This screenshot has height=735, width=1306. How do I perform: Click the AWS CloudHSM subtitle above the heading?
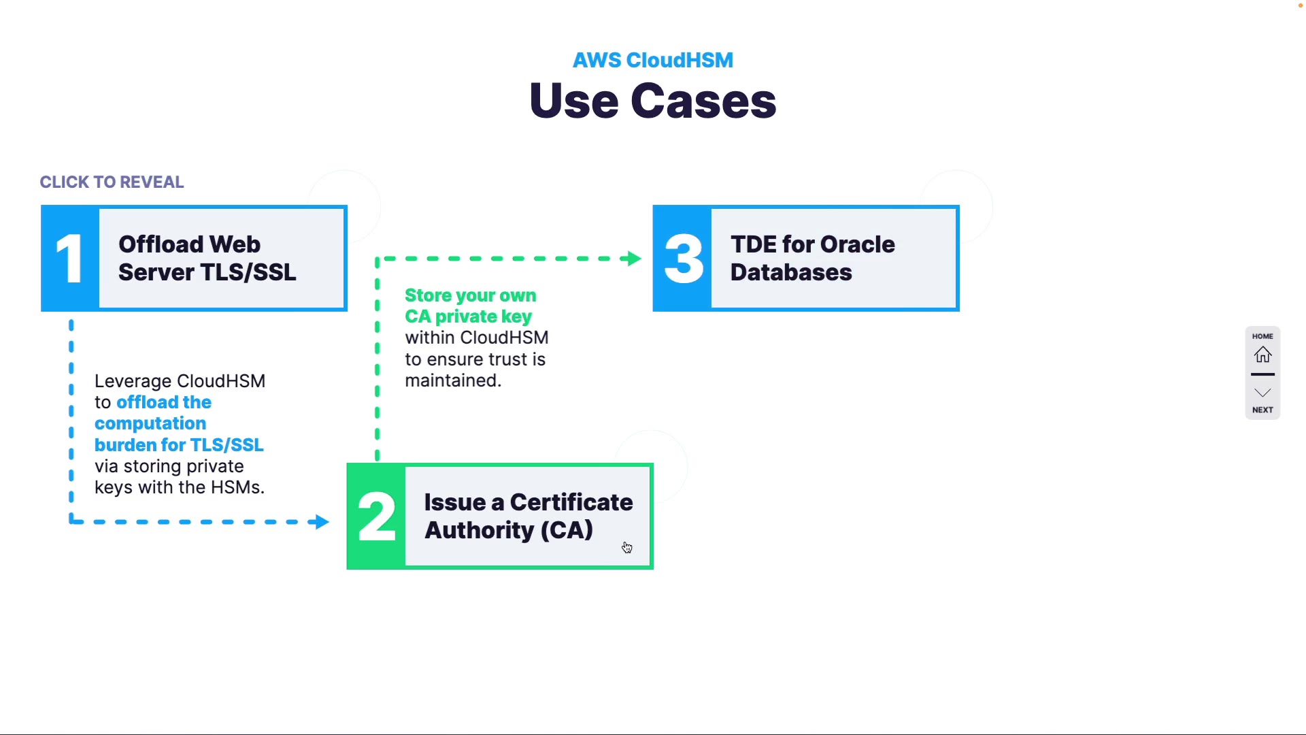pos(652,60)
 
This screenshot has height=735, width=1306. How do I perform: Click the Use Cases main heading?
pos(652,101)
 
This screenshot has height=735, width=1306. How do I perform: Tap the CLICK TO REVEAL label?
pos(112,182)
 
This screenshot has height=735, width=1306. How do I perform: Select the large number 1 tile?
pos(69,259)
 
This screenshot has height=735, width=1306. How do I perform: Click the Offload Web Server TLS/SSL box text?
pos(207,259)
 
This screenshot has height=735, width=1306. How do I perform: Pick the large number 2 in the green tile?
pos(376,517)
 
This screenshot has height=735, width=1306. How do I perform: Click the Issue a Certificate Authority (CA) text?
pos(528,517)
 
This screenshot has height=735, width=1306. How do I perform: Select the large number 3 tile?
pos(683,259)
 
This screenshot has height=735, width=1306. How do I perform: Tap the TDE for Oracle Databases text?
pos(812,259)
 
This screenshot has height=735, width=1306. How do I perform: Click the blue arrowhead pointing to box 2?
pos(319,522)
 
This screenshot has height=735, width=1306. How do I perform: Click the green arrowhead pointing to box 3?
pos(634,259)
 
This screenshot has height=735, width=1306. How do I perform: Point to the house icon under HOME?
pos(1262,355)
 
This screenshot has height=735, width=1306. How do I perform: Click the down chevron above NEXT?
pos(1262,393)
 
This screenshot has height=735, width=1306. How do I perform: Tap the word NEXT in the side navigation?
pos(1262,410)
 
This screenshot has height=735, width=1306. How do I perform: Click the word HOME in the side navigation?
pos(1262,336)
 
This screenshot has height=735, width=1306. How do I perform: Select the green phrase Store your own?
pos(470,295)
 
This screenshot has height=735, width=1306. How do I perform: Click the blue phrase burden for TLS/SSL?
pos(179,445)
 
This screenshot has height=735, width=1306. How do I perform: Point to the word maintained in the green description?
pos(452,380)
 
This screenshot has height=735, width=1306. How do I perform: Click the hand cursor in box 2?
pos(626,547)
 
